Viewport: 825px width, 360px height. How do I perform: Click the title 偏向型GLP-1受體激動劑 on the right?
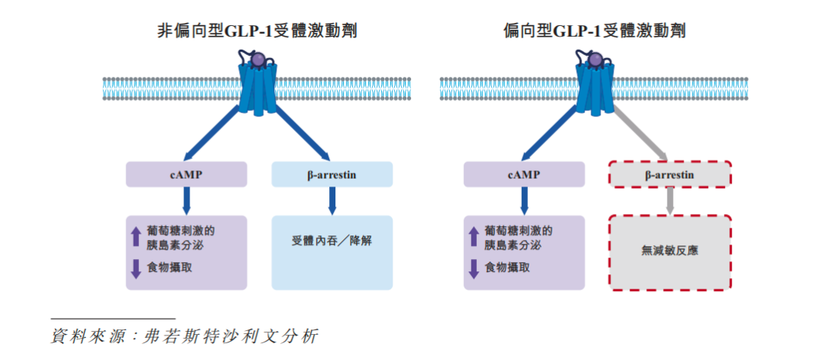(594, 31)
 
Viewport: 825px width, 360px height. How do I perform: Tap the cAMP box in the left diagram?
(186, 174)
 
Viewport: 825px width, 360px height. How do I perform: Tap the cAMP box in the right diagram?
(524, 174)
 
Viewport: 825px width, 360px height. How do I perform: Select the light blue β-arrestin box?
(332, 174)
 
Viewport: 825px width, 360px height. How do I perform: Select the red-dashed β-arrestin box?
(669, 174)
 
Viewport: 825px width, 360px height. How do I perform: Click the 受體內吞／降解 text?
(332, 240)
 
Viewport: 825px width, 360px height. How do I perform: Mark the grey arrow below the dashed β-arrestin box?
(670, 200)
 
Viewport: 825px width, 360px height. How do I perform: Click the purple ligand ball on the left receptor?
(259, 60)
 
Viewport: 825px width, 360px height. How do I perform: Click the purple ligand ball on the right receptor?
(596, 60)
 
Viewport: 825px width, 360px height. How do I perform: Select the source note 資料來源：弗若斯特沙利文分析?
(183, 336)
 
